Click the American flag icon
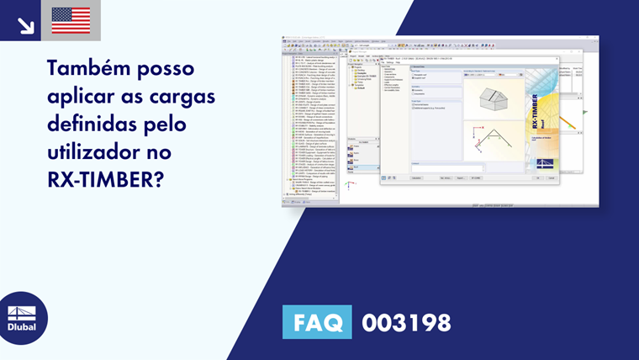71,20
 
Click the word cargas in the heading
185,97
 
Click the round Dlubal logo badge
23,318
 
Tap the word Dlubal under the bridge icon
22,327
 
